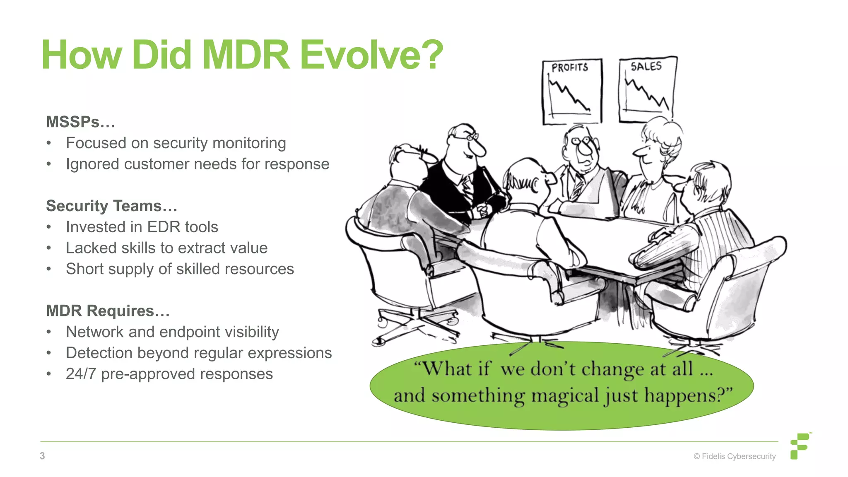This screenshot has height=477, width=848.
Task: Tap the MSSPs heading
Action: (80, 122)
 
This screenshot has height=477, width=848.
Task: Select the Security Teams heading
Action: (111, 206)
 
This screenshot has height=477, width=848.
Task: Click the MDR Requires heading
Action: (108, 311)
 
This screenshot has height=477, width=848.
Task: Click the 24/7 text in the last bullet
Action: (81, 374)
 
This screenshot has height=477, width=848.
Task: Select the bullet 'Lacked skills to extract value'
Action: (166, 248)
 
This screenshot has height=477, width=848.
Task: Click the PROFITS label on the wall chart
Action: (570, 67)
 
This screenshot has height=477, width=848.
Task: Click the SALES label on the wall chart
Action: (646, 66)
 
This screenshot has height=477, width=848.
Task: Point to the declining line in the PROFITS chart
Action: (569, 95)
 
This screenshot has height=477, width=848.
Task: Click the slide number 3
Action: (42, 456)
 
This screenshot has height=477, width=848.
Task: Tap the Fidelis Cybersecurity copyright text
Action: (735, 456)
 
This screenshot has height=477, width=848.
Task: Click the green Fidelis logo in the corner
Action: (800, 446)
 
